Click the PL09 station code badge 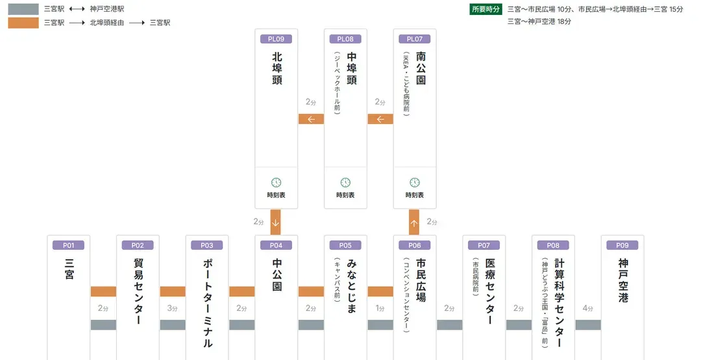click(x=276, y=39)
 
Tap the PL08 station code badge click(x=345, y=39)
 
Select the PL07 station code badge click(x=414, y=39)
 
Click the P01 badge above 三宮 click(x=68, y=245)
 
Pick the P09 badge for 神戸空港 click(x=622, y=245)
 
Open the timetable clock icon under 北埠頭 click(x=276, y=183)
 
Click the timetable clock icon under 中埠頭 click(x=345, y=183)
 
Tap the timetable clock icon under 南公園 click(x=414, y=183)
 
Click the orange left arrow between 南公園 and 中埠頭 click(x=380, y=119)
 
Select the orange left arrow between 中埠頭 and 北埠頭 click(x=311, y=119)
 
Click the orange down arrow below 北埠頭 click(x=275, y=222)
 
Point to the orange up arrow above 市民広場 click(x=413, y=222)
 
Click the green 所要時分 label click(x=486, y=10)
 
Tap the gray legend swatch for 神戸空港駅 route click(x=23, y=10)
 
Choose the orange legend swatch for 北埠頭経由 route click(x=23, y=23)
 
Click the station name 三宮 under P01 click(x=69, y=269)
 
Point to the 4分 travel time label click(x=588, y=308)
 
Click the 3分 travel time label click(x=173, y=308)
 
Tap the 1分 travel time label click(x=380, y=308)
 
